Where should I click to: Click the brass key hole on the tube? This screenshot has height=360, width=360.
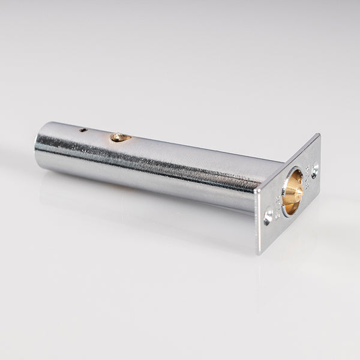click(x=120, y=137)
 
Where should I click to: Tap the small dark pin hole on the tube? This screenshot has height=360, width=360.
click(x=83, y=129)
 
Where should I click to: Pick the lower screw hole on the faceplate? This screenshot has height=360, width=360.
click(x=268, y=214)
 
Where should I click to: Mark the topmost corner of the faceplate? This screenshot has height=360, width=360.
click(x=319, y=134)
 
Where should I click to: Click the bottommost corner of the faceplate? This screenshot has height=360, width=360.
click(x=259, y=254)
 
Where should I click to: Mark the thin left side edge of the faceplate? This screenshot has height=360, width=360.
click(x=256, y=222)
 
